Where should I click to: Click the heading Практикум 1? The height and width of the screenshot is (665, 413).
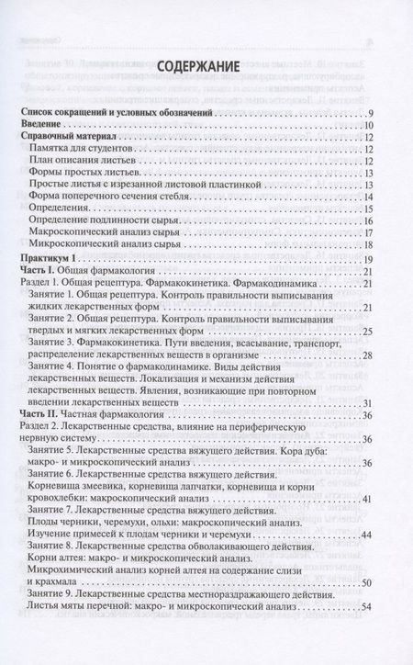pos(51,261)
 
